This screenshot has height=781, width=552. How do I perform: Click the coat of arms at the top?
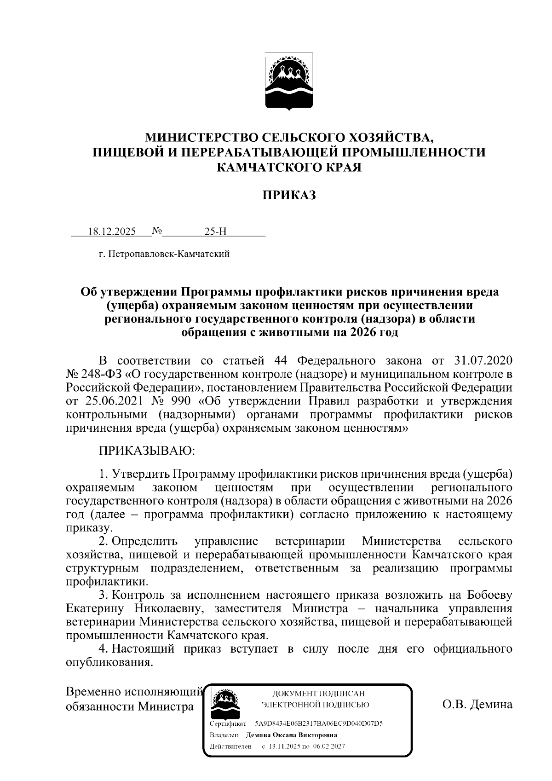click(289, 81)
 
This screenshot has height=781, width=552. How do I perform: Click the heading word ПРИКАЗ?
click(289, 195)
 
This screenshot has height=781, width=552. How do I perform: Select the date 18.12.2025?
click(112, 231)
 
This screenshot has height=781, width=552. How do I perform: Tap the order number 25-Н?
click(215, 231)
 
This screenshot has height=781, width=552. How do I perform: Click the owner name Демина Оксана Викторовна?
click(292, 735)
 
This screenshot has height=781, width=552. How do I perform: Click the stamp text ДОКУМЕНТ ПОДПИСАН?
click(318, 693)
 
